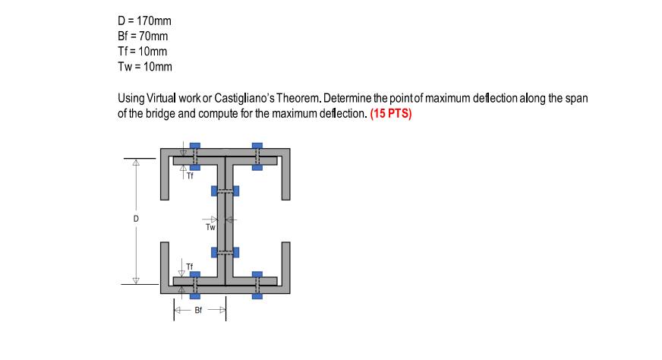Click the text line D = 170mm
144,21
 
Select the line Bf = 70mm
143,36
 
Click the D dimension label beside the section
137,219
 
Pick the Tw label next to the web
210,227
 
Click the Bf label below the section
200,311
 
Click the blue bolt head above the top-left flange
195,145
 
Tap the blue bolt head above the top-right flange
257,145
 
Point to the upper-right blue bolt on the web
236,189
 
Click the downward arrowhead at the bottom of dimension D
137,280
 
